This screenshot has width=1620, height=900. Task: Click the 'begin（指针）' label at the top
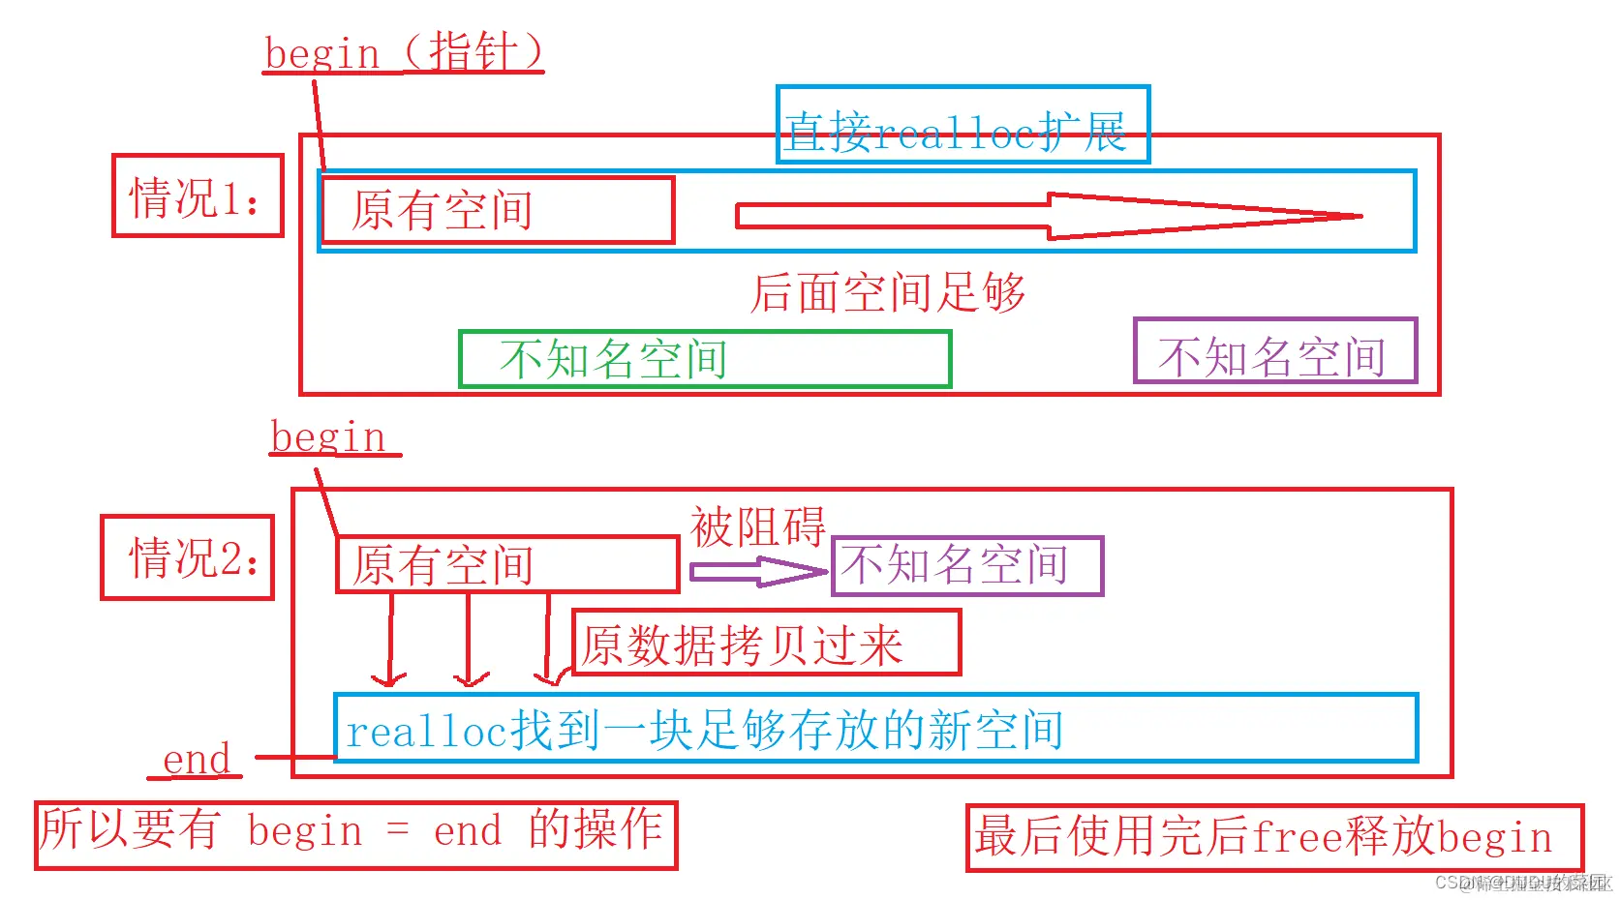point(404,52)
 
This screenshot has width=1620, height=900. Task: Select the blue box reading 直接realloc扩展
point(962,125)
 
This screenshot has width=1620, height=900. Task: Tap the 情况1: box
point(198,195)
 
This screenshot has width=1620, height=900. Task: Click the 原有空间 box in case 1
point(498,209)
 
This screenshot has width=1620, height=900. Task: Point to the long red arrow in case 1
point(1046,215)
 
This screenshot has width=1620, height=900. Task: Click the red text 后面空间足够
point(887,292)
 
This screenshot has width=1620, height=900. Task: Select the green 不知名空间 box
point(705,359)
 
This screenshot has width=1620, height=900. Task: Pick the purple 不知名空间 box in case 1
point(1274,351)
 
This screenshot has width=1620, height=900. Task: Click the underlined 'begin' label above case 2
point(329,437)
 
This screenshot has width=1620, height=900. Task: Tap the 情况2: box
point(188,557)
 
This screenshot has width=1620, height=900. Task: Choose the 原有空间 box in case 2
point(507,564)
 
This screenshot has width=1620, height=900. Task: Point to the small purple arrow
point(757,572)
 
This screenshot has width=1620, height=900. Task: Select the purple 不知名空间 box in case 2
point(966,565)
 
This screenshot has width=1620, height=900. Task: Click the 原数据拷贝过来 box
point(766,643)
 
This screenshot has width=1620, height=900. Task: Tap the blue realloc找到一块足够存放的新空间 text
point(705,730)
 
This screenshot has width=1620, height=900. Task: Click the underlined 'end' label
point(197,760)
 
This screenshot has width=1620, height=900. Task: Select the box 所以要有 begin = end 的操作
point(355,834)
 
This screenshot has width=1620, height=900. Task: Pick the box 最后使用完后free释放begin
point(1273,837)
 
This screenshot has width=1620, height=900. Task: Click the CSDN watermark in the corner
point(1521,883)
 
